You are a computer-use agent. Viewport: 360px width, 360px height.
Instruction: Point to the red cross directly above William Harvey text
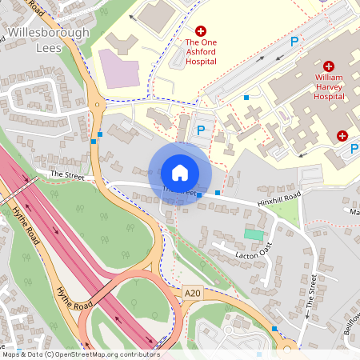pyautogui.click(x=330, y=66)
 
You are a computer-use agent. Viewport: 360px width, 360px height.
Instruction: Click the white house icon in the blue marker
pyautogui.click(x=180, y=173)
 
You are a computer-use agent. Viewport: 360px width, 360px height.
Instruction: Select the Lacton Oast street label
pyautogui.click(x=255, y=254)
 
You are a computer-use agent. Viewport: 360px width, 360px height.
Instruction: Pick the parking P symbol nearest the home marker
pyautogui.click(x=201, y=130)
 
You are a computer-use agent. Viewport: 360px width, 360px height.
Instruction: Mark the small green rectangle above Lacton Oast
pyautogui.click(x=254, y=234)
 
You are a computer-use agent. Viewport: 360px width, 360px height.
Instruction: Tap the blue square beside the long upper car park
pyautogui.click(x=246, y=98)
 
